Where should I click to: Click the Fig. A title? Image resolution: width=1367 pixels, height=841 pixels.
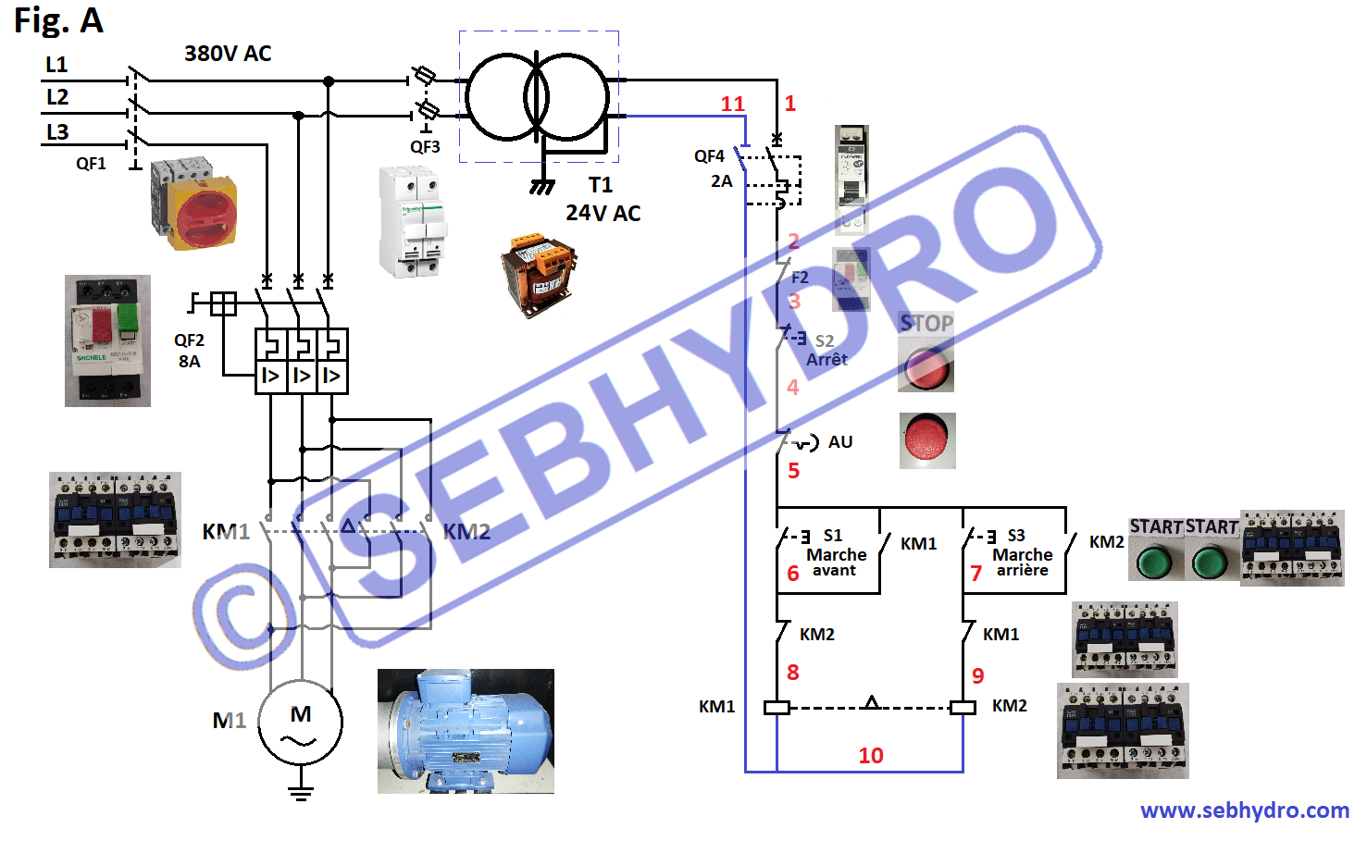(x=58, y=20)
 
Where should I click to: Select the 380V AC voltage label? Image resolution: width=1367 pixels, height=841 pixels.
(x=228, y=54)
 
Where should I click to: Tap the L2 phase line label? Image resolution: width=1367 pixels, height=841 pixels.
(x=57, y=97)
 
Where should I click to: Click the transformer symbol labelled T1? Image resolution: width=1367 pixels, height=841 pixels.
(x=537, y=97)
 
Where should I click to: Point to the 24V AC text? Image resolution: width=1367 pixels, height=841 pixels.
(x=603, y=214)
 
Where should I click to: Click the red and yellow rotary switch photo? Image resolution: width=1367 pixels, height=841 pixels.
(x=193, y=204)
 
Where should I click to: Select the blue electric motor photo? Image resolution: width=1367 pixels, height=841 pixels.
(x=466, y=731)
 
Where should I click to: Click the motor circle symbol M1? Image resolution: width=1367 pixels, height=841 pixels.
(x=300, y=723)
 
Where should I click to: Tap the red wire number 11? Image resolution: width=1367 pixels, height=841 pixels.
(x=732, y=104)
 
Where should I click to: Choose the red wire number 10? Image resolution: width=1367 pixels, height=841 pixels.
(x=870, y=756)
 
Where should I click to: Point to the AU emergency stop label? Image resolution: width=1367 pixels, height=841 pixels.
(x=840, y=442)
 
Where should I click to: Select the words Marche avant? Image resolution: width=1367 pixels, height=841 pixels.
(x=836, y=563)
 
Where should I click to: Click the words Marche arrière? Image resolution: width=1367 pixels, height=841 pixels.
(x=1022, y=563)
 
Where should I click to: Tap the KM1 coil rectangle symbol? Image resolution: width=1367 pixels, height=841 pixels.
(x=777, y=708)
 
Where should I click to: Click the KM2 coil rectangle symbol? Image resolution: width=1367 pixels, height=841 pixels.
(x=963, y=708)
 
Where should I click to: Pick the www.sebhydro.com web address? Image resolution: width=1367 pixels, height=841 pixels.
(x=1244, y=810)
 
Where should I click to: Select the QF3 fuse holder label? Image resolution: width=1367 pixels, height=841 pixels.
(x=425, y=147)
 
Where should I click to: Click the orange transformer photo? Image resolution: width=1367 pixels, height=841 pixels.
(x=538, y=275)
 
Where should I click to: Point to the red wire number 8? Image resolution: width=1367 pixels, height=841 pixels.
(x=792, y=673)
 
